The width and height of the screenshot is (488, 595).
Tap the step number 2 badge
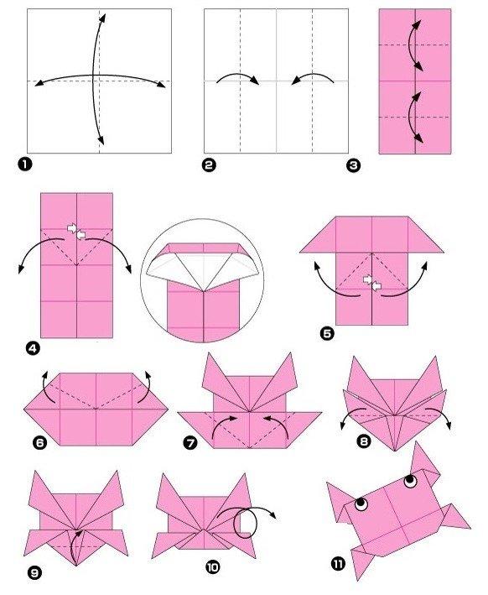click(x=209, y=165)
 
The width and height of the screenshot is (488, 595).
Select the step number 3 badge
click(x=354, y=165)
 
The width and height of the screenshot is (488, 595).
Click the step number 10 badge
click(x=212, y=568)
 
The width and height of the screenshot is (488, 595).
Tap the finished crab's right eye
click(x=409, y=482)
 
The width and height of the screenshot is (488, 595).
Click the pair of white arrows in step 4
click(x=75, y=231)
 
